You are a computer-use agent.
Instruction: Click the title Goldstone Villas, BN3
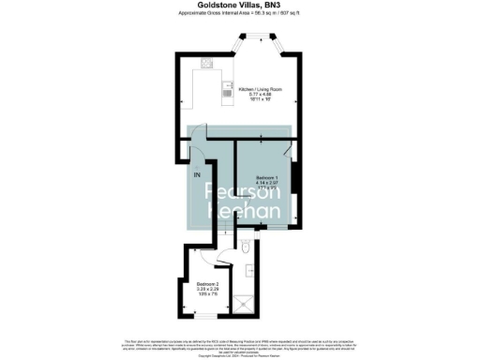click(x=240, y=6)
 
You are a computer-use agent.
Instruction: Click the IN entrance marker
click(x=198, y=174)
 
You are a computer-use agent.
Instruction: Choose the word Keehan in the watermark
click(x=244, y=214)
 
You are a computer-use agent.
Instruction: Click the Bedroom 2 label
click(x=209, y=283)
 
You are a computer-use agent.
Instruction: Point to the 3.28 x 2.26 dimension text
click(x=209, y=289)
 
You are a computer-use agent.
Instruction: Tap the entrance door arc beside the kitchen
click(x=200, y=151)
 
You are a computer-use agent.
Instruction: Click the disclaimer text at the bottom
click(x=240, y=346)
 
